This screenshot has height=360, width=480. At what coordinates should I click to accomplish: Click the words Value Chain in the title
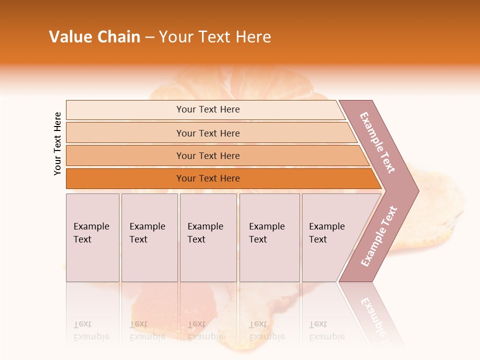pos(94,37)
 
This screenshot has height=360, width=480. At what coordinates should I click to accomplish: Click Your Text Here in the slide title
pos(215,37)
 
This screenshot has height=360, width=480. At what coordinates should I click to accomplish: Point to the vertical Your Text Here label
pos(58,143)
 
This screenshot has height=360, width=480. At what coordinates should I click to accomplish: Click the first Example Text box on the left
pos(92,238)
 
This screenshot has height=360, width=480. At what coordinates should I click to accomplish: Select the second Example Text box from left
pos(149,238)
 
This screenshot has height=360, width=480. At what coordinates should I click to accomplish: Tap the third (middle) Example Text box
pos(208,238)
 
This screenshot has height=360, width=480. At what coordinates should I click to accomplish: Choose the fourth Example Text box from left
pos(269,238)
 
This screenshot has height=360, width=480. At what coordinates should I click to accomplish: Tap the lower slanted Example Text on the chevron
pos(379,236)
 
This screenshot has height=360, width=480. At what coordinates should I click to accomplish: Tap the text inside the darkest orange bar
pos(208,178)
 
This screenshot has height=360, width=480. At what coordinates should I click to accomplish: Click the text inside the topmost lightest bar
pos(208,109)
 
